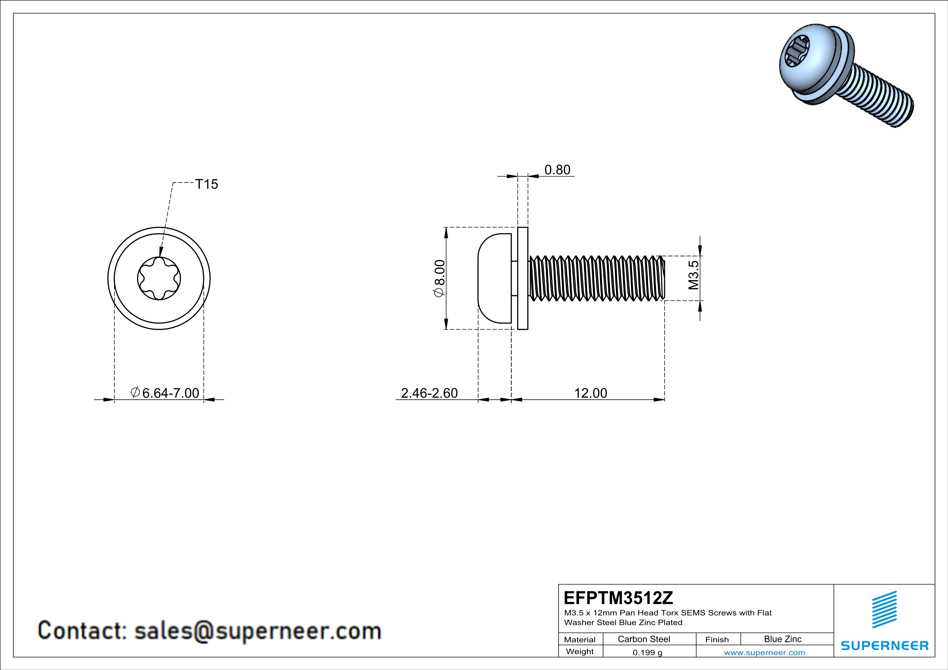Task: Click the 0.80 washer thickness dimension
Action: coord(557,170)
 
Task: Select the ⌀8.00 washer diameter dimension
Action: coord(439,278)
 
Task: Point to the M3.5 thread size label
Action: coord(694,275)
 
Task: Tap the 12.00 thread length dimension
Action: coord(590,393)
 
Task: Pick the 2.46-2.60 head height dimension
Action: coord(430,393)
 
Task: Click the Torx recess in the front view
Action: coord(159,279)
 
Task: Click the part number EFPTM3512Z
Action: coord(618,597)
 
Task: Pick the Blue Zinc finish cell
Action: coord(783,639)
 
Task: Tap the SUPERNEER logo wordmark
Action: coord(884,646)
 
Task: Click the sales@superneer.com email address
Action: coord(258,631)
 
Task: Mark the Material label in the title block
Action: coord(580,639)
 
